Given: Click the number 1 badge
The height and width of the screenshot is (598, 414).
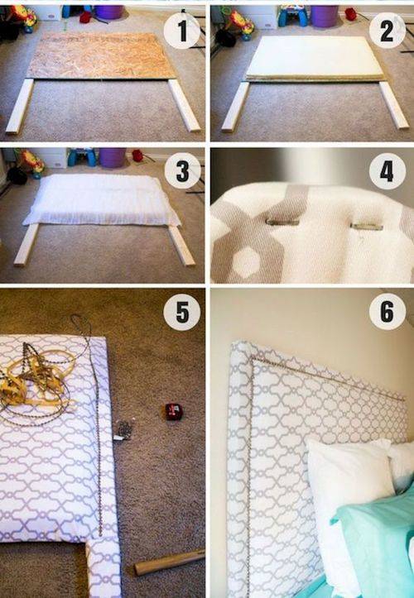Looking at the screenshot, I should [181, 31].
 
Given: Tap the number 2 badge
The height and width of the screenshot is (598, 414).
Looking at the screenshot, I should [388, 31].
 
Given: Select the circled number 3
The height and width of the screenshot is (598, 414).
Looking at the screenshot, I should [181, 174].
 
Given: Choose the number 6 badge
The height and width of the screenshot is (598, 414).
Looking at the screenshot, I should [387, 313].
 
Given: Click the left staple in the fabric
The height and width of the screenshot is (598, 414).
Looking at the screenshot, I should [282, 222].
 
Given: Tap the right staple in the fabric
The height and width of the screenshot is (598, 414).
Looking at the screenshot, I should [366, 225].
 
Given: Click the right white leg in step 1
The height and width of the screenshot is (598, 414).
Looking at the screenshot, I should [184, 105].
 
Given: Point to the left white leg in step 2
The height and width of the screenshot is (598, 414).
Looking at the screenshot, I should [236, 105].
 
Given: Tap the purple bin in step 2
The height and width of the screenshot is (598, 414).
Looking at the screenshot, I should [325, 16].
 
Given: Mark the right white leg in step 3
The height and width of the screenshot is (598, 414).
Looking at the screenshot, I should [181, 246].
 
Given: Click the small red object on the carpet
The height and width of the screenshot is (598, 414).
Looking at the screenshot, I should [173, 410].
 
